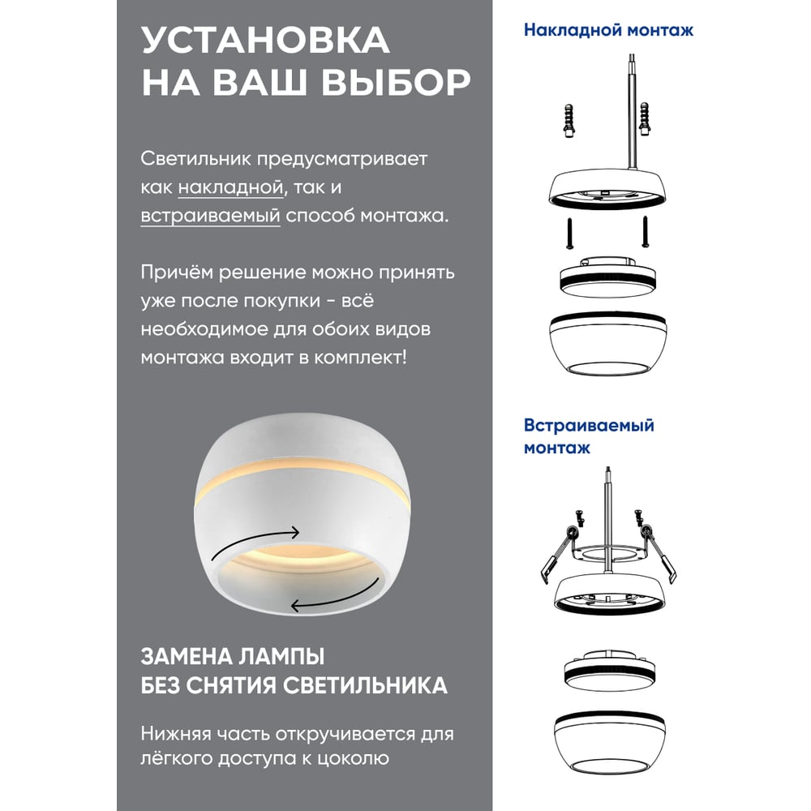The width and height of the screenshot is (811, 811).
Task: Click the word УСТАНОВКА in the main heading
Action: point(265,40)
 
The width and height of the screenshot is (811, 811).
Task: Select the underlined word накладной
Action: point(230,187)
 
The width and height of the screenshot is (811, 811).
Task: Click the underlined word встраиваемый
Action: point(211,216)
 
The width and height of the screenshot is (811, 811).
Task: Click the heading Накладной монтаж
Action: point(608,30)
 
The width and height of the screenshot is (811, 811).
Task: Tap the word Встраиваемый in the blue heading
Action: point(589,425)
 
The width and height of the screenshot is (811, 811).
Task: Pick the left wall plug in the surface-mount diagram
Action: point(569,121)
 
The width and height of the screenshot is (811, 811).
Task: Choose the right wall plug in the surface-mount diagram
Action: point(644,118)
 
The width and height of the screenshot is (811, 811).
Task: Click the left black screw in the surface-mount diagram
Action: point(569,234)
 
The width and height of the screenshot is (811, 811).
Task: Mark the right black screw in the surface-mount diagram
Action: point(645,231)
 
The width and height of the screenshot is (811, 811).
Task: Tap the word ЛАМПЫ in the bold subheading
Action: point(281,656)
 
